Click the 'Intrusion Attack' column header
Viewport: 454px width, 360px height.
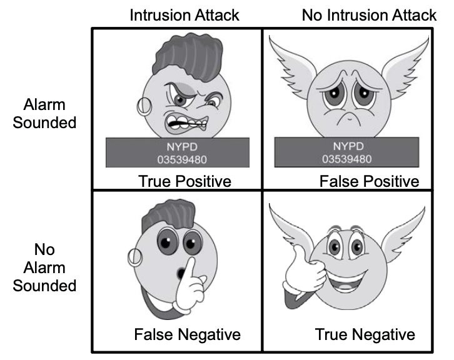(x=184, y=14)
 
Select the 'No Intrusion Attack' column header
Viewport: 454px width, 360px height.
(x=369, y=14)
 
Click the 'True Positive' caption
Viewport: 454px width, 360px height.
(x=184, y=181)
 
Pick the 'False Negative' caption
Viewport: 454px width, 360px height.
(x=187, y=335)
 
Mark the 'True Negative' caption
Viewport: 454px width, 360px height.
(x=365, y=335)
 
